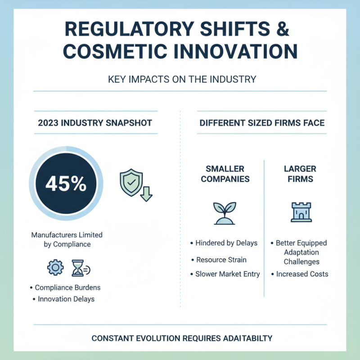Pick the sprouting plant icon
pos(225,213)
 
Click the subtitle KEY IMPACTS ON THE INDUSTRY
pos(182,80)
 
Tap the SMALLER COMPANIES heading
pos(225,174)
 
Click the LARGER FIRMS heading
pos(300,174)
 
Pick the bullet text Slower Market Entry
pos(227,274)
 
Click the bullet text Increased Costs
pos(302,274)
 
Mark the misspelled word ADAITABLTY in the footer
pos(243,338)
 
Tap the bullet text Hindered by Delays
pos(226,243)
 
